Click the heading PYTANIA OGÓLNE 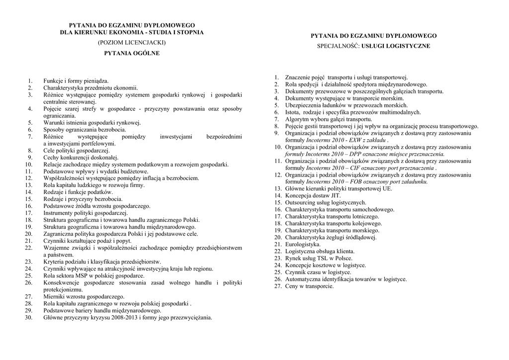pyautogui.click(x=132, y=53)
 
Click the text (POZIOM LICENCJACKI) pyautogui.click(x=132, y=43)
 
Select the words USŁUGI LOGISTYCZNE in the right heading pyautogui.click(x=396, y=46)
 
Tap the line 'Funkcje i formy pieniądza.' pyautogui.click(x=76, y=81)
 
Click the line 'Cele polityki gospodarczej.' pyautogui.click(x=76, y=150)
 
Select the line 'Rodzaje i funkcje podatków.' pyautogui.click(x=78, y=192)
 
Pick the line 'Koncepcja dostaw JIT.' pyautogui.click(x=312, y=196)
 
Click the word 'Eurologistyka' pyautogui.click(x=303, y=245)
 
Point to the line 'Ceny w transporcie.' pyautogui.click(x=309, y=286)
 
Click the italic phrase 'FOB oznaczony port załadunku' pyautogui.click(x=382, y=182)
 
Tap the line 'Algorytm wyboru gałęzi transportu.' pyautogui.click(x=329, y=119)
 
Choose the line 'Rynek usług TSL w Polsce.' pyautogui.click(x=319, y=259)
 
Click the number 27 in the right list pyautogui.click(x=278, y=286)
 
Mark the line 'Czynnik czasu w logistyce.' pyautogui.click(x=318, y=272)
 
